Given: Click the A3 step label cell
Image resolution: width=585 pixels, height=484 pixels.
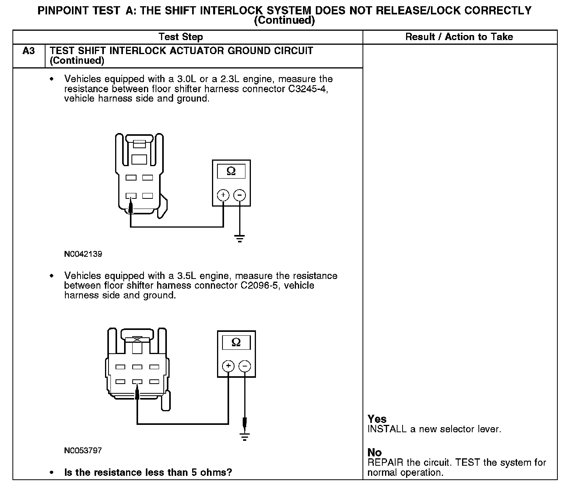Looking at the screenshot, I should [x=29, y=51].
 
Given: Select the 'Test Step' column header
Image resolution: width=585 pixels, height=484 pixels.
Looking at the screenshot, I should [x=180, y=37].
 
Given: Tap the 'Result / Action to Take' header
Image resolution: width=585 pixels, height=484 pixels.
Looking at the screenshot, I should [x=459, y=37].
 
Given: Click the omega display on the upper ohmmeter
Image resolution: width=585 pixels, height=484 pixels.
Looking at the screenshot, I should [x=231, y=171].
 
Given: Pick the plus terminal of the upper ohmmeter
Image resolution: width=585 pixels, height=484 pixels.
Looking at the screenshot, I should [x=223, y=195].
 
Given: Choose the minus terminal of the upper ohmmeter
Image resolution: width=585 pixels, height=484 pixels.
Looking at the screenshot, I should [x=240, y=195].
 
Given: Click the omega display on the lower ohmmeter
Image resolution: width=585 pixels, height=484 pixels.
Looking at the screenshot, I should [x=236, y=342].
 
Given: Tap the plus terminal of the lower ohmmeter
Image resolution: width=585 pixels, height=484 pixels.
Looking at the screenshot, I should [x=228, y=366].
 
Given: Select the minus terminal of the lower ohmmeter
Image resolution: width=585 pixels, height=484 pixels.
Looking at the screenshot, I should [x=245, y=366].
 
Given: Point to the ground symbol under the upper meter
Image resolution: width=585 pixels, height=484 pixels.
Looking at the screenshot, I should [x=240, y=238].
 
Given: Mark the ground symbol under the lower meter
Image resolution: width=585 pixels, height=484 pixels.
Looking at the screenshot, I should [x=245, y=437].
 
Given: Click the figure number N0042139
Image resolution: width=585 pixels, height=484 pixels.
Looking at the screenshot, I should [x=83, y=254].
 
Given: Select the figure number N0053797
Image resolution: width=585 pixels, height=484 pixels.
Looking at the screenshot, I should [x=83, y=451].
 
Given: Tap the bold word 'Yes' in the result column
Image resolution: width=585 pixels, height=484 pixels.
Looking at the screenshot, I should [x=377, y=419].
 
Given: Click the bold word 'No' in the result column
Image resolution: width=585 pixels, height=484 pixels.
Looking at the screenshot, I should [x=375, y=452].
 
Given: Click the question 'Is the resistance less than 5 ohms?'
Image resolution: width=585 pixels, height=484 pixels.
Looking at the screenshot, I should [x=148, y=472].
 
